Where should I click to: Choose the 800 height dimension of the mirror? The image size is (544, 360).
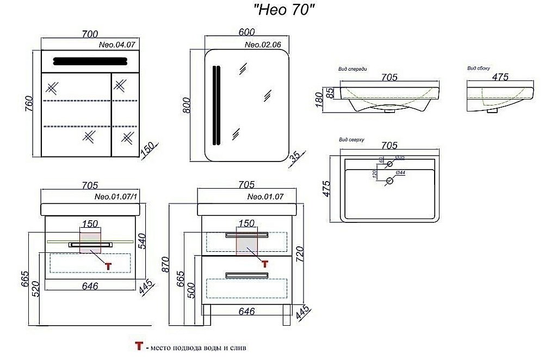187,104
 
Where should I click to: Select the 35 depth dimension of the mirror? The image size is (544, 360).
295,158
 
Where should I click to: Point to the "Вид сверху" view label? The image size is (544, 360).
351,140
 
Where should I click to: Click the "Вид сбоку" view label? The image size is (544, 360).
479,69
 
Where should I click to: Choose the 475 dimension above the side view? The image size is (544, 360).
500,77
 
